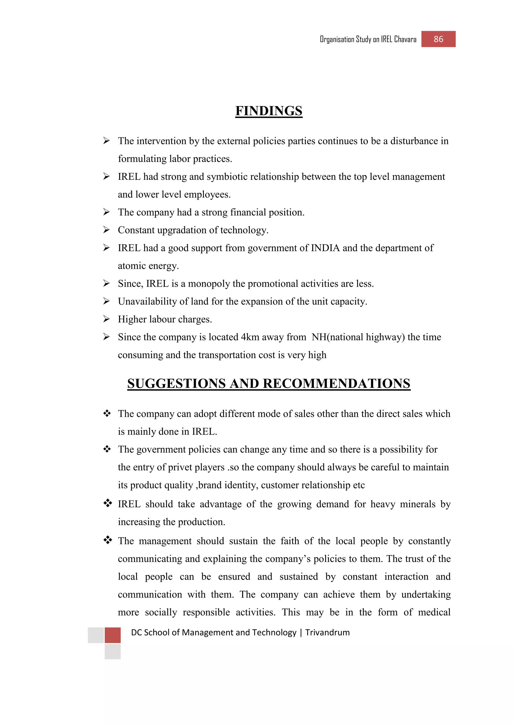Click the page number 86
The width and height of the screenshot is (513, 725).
(x=438, y=39)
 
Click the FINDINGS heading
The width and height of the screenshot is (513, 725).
(x=269, y=111)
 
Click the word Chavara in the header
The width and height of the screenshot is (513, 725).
(x=405, y=40)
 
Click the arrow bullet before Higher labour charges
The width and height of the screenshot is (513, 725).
(x=106, y=319)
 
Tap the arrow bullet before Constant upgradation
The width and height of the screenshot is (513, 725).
(x=106, y=230)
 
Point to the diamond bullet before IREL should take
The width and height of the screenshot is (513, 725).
(x=108, y=503)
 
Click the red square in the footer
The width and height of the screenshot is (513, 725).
(x=112, y=635)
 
